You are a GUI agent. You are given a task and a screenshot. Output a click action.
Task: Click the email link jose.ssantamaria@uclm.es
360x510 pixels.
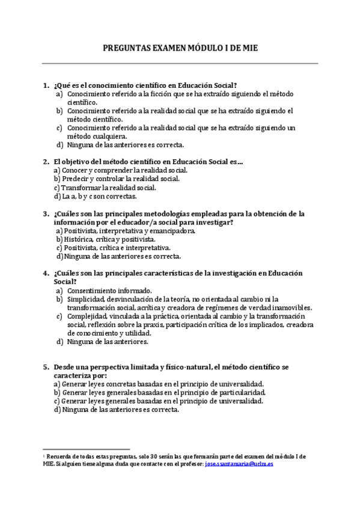point(239,464)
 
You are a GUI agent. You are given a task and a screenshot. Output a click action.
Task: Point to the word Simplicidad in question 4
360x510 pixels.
point(86,299)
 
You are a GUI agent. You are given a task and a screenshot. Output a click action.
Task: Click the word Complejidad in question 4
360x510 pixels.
point(88,316)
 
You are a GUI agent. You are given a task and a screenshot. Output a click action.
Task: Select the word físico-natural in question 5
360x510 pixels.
point(186,366)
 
